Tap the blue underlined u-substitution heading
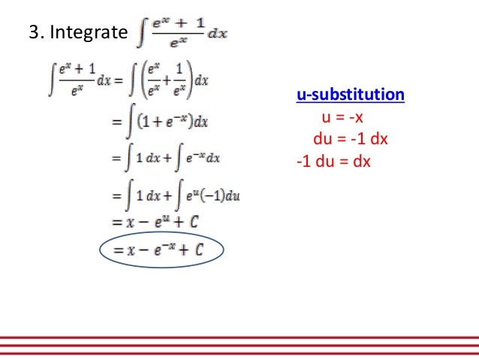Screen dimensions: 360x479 (x=351, y=95)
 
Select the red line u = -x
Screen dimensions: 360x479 (x=342, y=117)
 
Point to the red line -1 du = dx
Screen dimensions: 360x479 (x=334, y=161)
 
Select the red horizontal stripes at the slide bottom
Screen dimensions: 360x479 (x=239, y=343)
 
